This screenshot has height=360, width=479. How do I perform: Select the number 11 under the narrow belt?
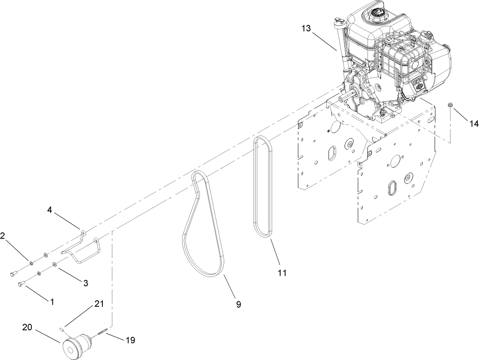[282, 272]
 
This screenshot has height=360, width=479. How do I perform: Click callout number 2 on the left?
[3, 235]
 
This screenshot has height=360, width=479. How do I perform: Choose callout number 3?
[85, 283]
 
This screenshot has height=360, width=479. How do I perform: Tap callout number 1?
[52, 302]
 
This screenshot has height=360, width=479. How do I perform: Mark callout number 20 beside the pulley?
[27, 328]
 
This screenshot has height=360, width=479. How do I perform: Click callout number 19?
[130, 340]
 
